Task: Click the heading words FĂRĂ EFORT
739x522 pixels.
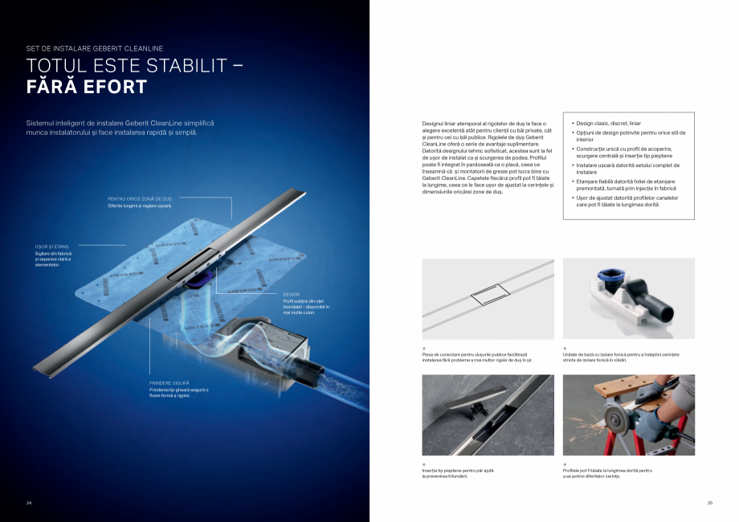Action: pos(87,87)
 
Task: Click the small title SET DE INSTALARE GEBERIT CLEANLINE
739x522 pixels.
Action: pos(94,48)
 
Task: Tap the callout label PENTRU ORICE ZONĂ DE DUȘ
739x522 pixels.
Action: pos(140,198)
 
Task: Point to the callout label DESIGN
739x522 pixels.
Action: pos(291,295)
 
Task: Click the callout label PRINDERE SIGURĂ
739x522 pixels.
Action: pos(169,383)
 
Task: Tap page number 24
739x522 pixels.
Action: pos(29,503)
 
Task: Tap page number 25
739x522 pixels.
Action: pos(709,503)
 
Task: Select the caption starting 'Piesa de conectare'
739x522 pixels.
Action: pos(477,357)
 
